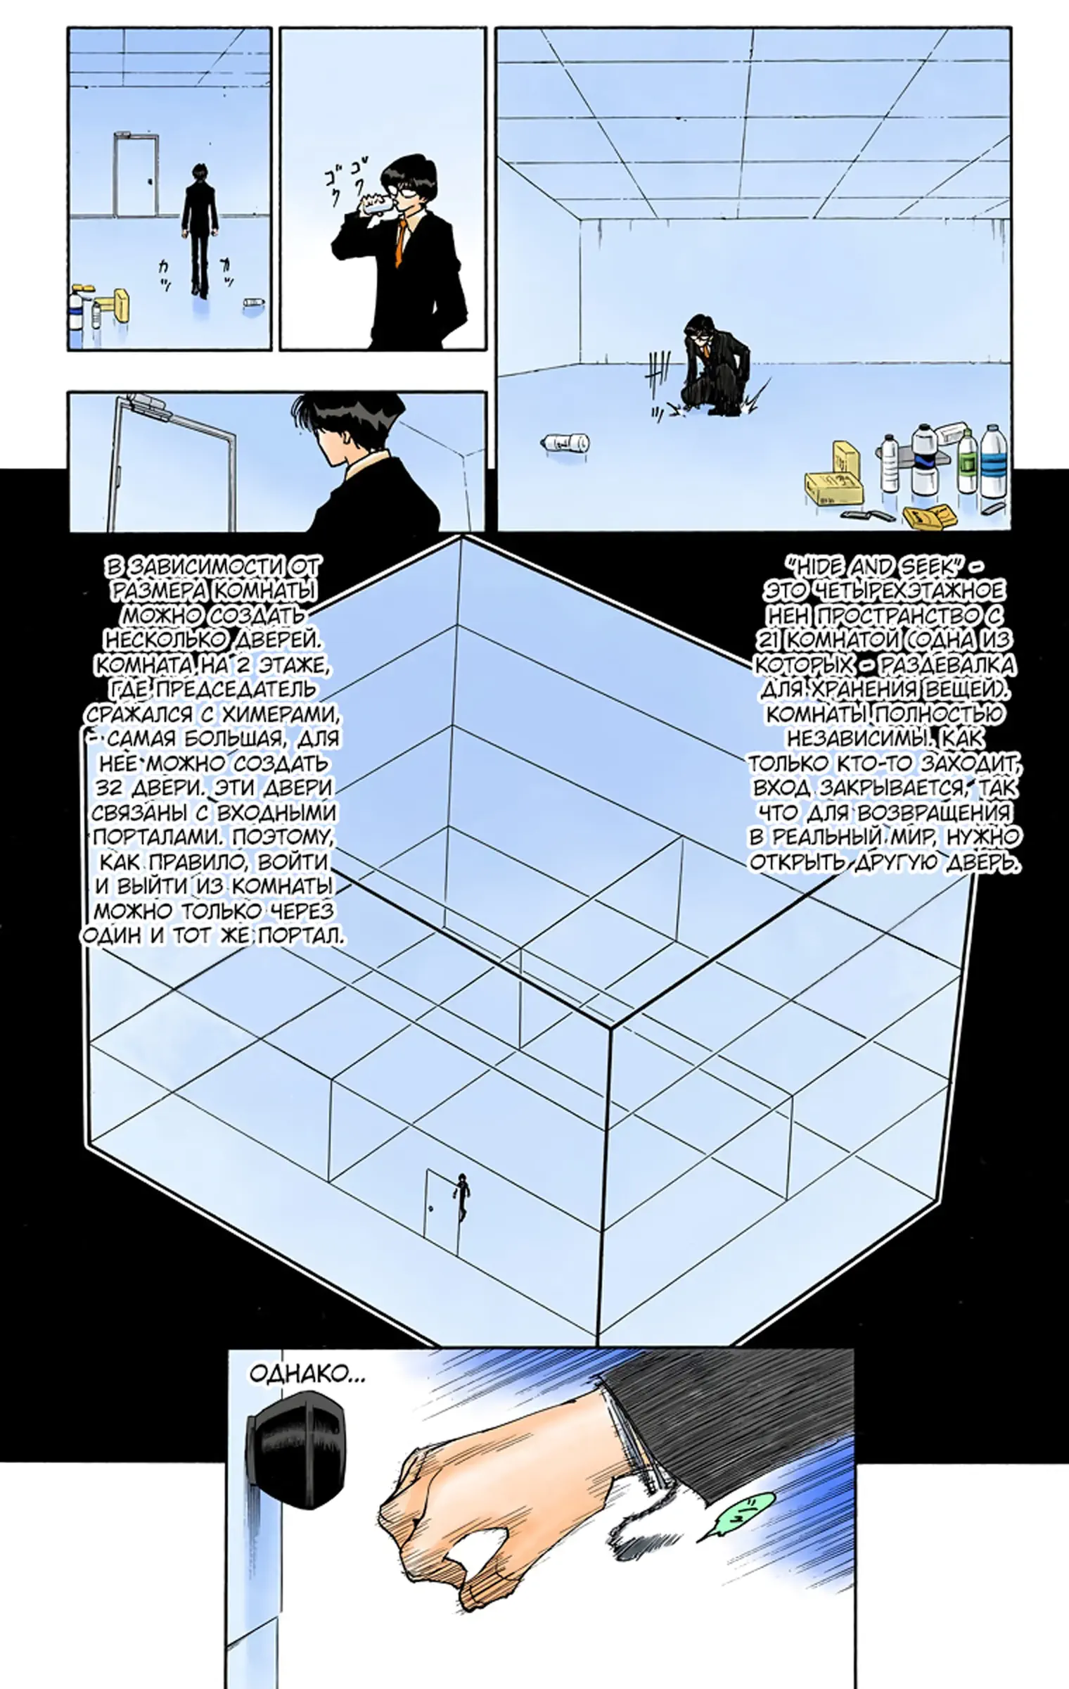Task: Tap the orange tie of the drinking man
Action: pyautogui.click(x=402, y=243)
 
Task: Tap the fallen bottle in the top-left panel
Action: pyautogui.click(x=253, y=303)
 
